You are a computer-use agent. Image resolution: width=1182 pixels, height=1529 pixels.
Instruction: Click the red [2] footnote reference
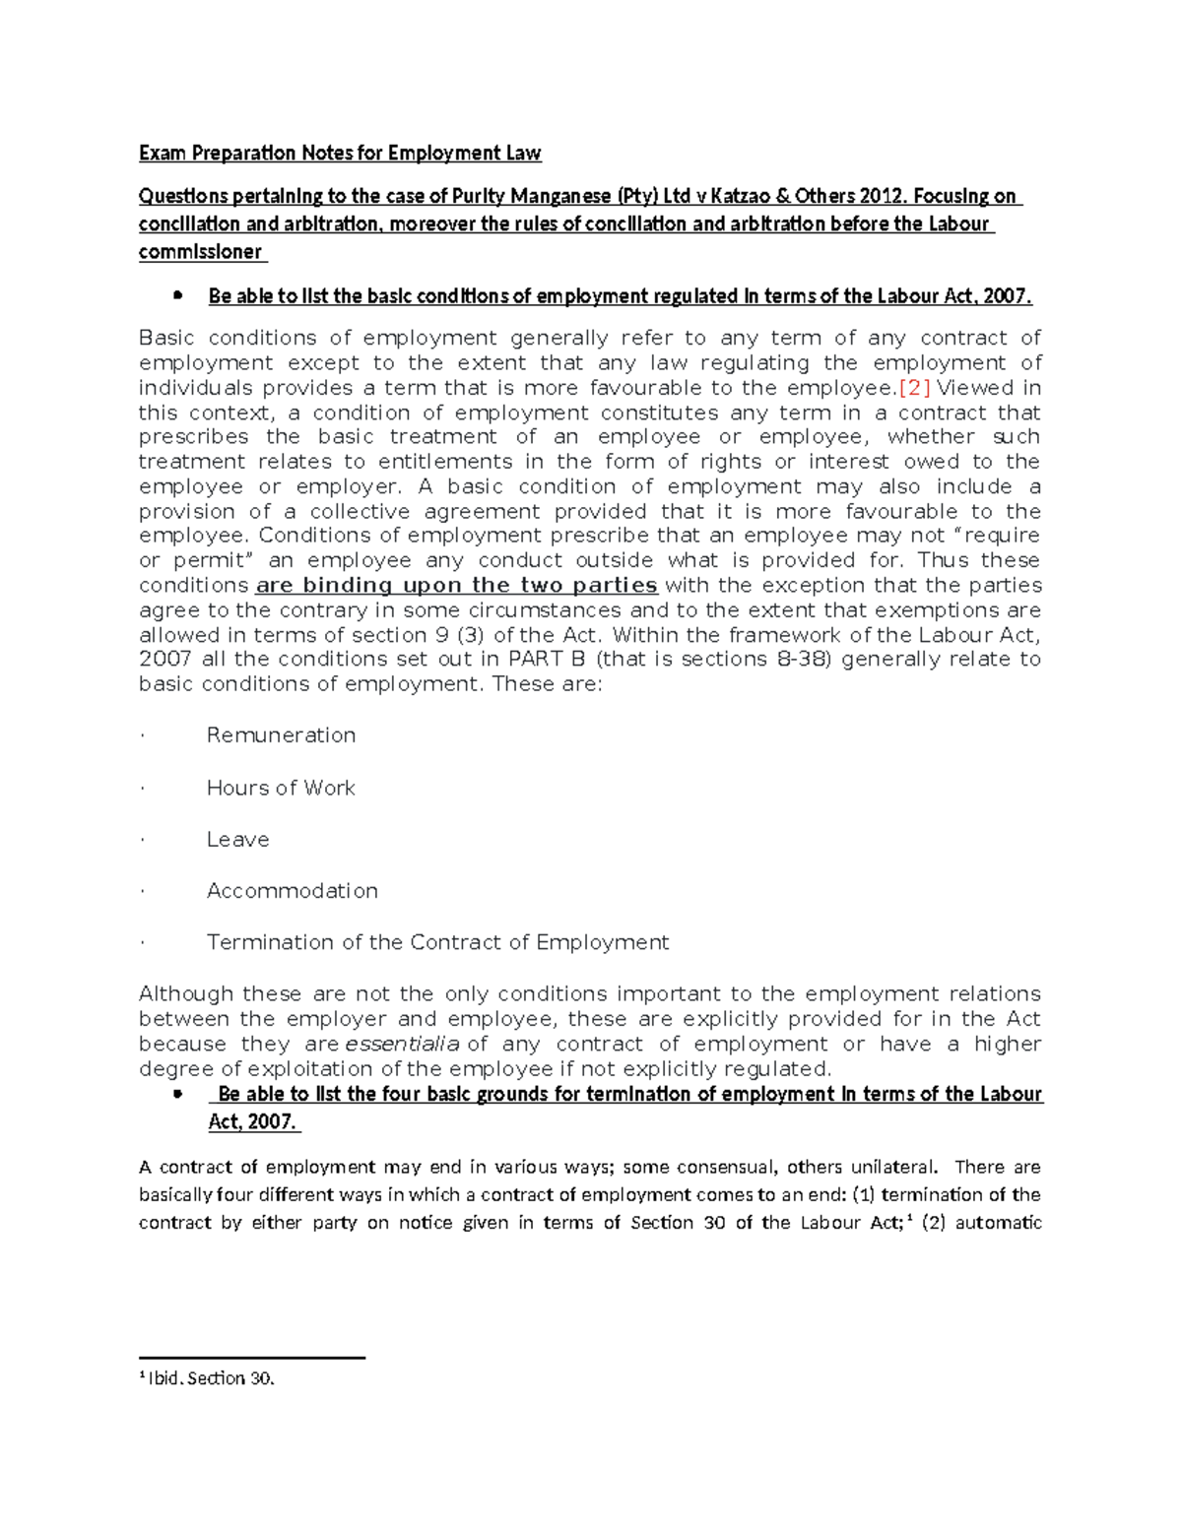click(908, 388)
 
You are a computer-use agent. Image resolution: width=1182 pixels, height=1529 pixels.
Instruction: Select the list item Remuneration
click(281, 735)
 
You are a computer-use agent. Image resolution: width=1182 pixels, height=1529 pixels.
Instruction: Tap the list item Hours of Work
click(281, 788)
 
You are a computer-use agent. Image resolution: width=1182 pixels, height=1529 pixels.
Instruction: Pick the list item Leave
click(237, 840)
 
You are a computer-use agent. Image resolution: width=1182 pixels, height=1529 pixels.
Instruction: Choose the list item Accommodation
click(292, 891)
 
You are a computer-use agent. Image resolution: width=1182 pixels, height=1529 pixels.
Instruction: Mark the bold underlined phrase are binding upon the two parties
click(456, 586)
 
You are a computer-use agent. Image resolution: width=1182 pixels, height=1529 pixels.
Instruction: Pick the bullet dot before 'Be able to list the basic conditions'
click(177, 295)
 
